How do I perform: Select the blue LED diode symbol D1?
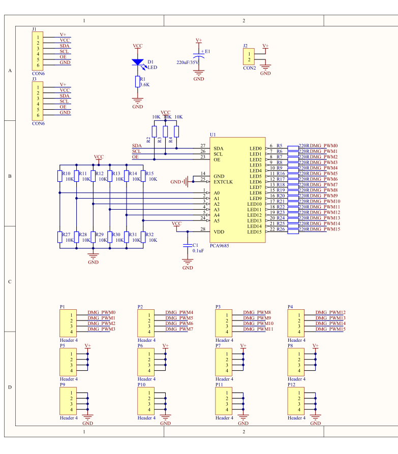click(137, 62)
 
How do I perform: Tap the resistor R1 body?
click(137, 82)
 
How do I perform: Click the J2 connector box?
click(249, 56)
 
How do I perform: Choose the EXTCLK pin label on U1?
click(224, 181)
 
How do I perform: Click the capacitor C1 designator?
click(196, 245)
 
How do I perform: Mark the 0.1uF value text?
click(198, 251)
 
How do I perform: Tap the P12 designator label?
click(291, 385)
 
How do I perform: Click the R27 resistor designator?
click(66, 235)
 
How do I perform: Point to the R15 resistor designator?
click(149, 174)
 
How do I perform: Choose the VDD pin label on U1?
click(219, 232)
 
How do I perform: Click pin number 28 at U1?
click(203, 230)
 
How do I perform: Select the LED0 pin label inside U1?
click(255, 148)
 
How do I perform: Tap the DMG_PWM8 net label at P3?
click(257, 313)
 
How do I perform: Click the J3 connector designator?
click(34, 79)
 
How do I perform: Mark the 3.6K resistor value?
click(144, 85)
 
